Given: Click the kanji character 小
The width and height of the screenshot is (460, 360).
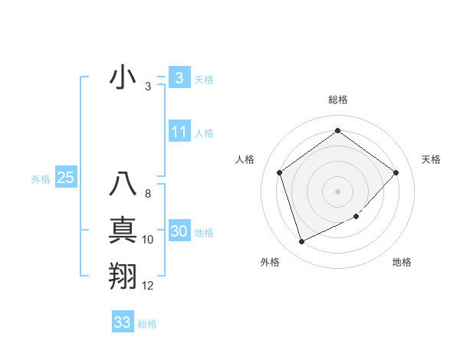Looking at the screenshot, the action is pos(123,77).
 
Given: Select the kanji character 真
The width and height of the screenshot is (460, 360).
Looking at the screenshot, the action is pos(123,231).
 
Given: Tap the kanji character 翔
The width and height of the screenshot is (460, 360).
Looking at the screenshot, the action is pos(123,276).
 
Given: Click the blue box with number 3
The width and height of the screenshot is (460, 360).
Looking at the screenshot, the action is pos(179,77).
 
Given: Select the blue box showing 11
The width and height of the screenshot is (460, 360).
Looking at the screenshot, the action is pos(179,132).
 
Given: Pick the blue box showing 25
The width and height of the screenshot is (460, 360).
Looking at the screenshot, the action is pos(65,178).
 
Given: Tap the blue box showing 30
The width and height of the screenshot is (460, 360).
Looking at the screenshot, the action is pos(179,231).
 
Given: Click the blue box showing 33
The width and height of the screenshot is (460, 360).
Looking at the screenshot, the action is pos(123,322).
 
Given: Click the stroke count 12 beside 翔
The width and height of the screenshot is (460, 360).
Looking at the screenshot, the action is pos(148,286).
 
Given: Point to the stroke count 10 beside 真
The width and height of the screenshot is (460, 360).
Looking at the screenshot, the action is pos(148,240).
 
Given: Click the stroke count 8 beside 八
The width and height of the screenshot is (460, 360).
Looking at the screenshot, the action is pos(148,195).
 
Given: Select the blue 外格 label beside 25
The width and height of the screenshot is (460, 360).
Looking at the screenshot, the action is pos(41,179).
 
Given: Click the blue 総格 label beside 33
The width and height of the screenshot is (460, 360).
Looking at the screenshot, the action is pos(147,324).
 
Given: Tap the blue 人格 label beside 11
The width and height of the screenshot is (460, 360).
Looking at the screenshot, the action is pos(204,133).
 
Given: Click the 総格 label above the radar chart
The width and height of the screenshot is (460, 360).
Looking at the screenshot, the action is pos(338,100).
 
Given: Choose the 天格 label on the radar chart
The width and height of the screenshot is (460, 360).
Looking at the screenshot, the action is pos(432,159).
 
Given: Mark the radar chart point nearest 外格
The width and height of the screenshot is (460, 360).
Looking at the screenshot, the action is pos(301,242).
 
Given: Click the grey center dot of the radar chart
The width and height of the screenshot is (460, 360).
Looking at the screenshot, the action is pos(338,191).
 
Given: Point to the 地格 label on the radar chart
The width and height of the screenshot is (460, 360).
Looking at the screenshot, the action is pos(402,262).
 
